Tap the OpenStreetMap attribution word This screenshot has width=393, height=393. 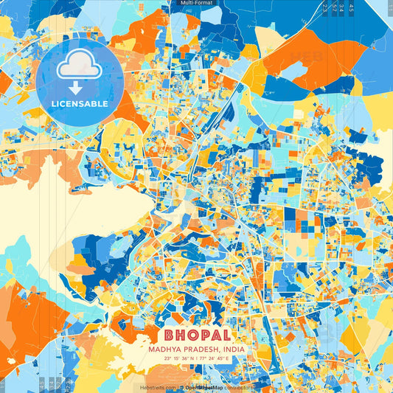point(203,386)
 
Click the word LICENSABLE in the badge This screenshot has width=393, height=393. point(80,104)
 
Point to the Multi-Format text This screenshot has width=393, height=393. point(195,4)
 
